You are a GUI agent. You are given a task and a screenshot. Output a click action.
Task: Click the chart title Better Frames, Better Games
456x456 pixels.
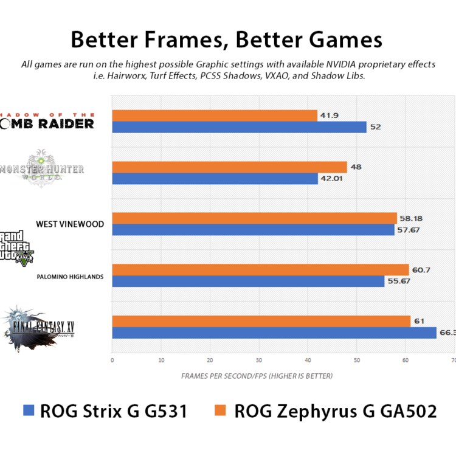(226, 40)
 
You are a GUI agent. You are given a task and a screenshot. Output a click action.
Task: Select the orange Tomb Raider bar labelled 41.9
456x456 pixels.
(215, 116)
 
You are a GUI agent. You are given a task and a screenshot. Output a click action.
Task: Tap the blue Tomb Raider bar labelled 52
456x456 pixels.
(239, 127)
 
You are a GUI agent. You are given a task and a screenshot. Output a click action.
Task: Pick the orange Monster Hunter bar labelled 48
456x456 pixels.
(229, 167)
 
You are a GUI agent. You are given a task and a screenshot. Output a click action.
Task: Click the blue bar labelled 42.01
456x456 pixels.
(215, 179)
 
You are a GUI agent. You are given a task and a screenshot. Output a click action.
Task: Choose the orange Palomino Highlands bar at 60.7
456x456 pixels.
(260, 269)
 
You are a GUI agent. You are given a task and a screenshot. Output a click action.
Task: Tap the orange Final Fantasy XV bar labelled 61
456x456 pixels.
(261, 321)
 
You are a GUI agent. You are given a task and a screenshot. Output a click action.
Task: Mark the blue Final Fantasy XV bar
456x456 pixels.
(274, 333)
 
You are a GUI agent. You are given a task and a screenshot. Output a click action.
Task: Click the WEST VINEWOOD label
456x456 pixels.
(70, 224)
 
